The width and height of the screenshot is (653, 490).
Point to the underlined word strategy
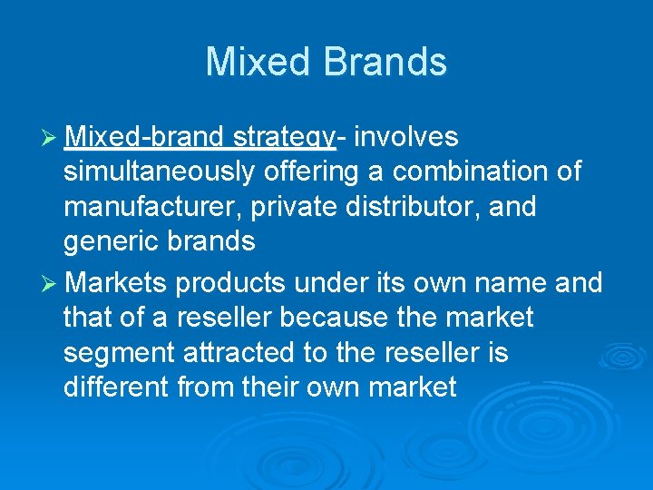(285, 138)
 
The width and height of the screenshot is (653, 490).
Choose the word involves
(406, 137)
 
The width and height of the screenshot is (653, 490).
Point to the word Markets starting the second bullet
(116, 283)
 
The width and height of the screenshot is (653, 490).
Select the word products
(224, 284)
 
